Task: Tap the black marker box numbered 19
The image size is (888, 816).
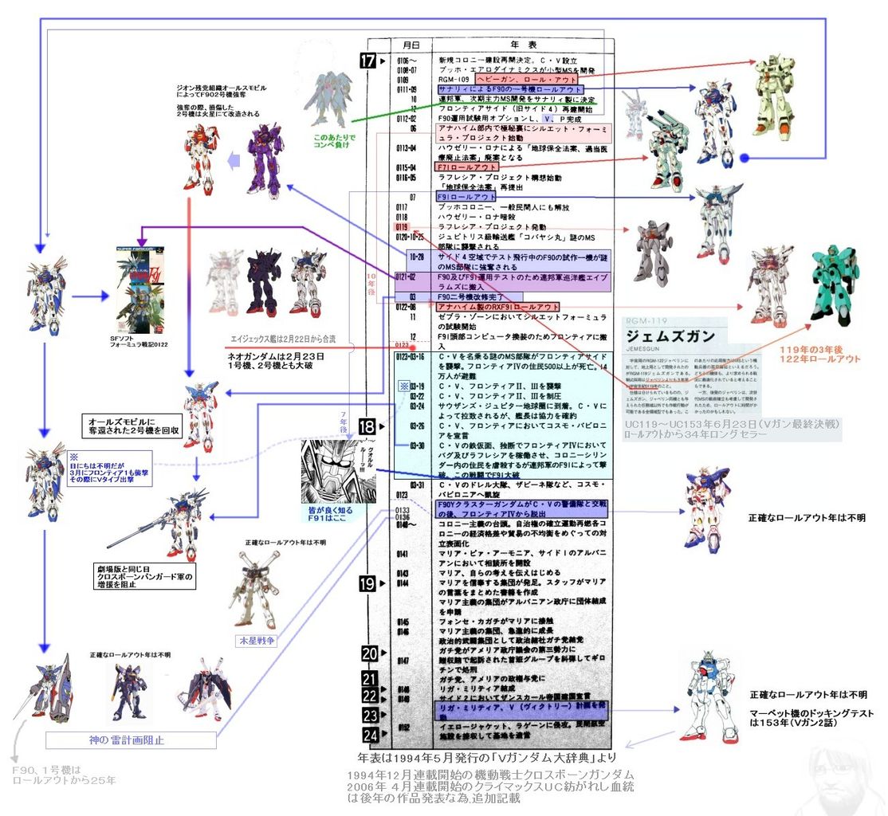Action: coord(367,584)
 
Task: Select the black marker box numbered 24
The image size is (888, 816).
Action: coord(370,734)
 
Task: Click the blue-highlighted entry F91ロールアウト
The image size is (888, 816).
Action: coord(466,196)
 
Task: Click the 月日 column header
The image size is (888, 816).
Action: coord(411,45)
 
